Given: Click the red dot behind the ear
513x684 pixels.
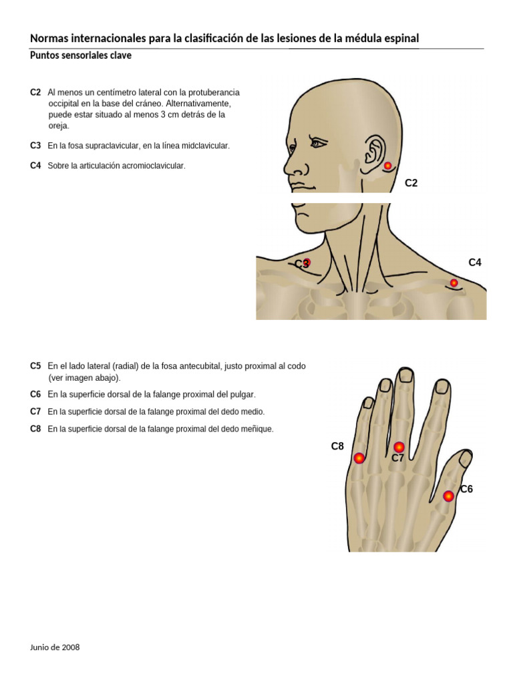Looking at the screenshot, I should [387, 166].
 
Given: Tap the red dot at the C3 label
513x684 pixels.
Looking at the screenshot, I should [307, 263].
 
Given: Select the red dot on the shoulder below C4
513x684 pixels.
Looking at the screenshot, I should [454, 283].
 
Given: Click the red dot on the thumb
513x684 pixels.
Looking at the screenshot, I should [448, 496].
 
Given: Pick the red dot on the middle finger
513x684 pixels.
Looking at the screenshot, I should [399, 447].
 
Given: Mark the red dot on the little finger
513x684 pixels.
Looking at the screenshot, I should [359, 458].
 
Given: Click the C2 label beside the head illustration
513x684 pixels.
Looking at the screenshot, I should [411, 183].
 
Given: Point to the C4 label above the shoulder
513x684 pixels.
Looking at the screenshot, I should [475, 263].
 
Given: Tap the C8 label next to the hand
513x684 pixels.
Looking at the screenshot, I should [337, 446].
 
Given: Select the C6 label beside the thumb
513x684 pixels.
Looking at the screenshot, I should [466, 489].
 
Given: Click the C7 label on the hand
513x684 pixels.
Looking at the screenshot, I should [398, 458].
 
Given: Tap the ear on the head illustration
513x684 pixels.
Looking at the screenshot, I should [373, 153].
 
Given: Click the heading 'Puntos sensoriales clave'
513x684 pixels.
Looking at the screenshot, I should [80, 56].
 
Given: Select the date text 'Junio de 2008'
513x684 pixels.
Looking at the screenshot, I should [55, 647].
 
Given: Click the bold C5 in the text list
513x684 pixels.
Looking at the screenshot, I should [35, 366].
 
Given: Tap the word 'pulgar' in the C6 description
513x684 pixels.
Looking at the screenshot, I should [242, 395].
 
